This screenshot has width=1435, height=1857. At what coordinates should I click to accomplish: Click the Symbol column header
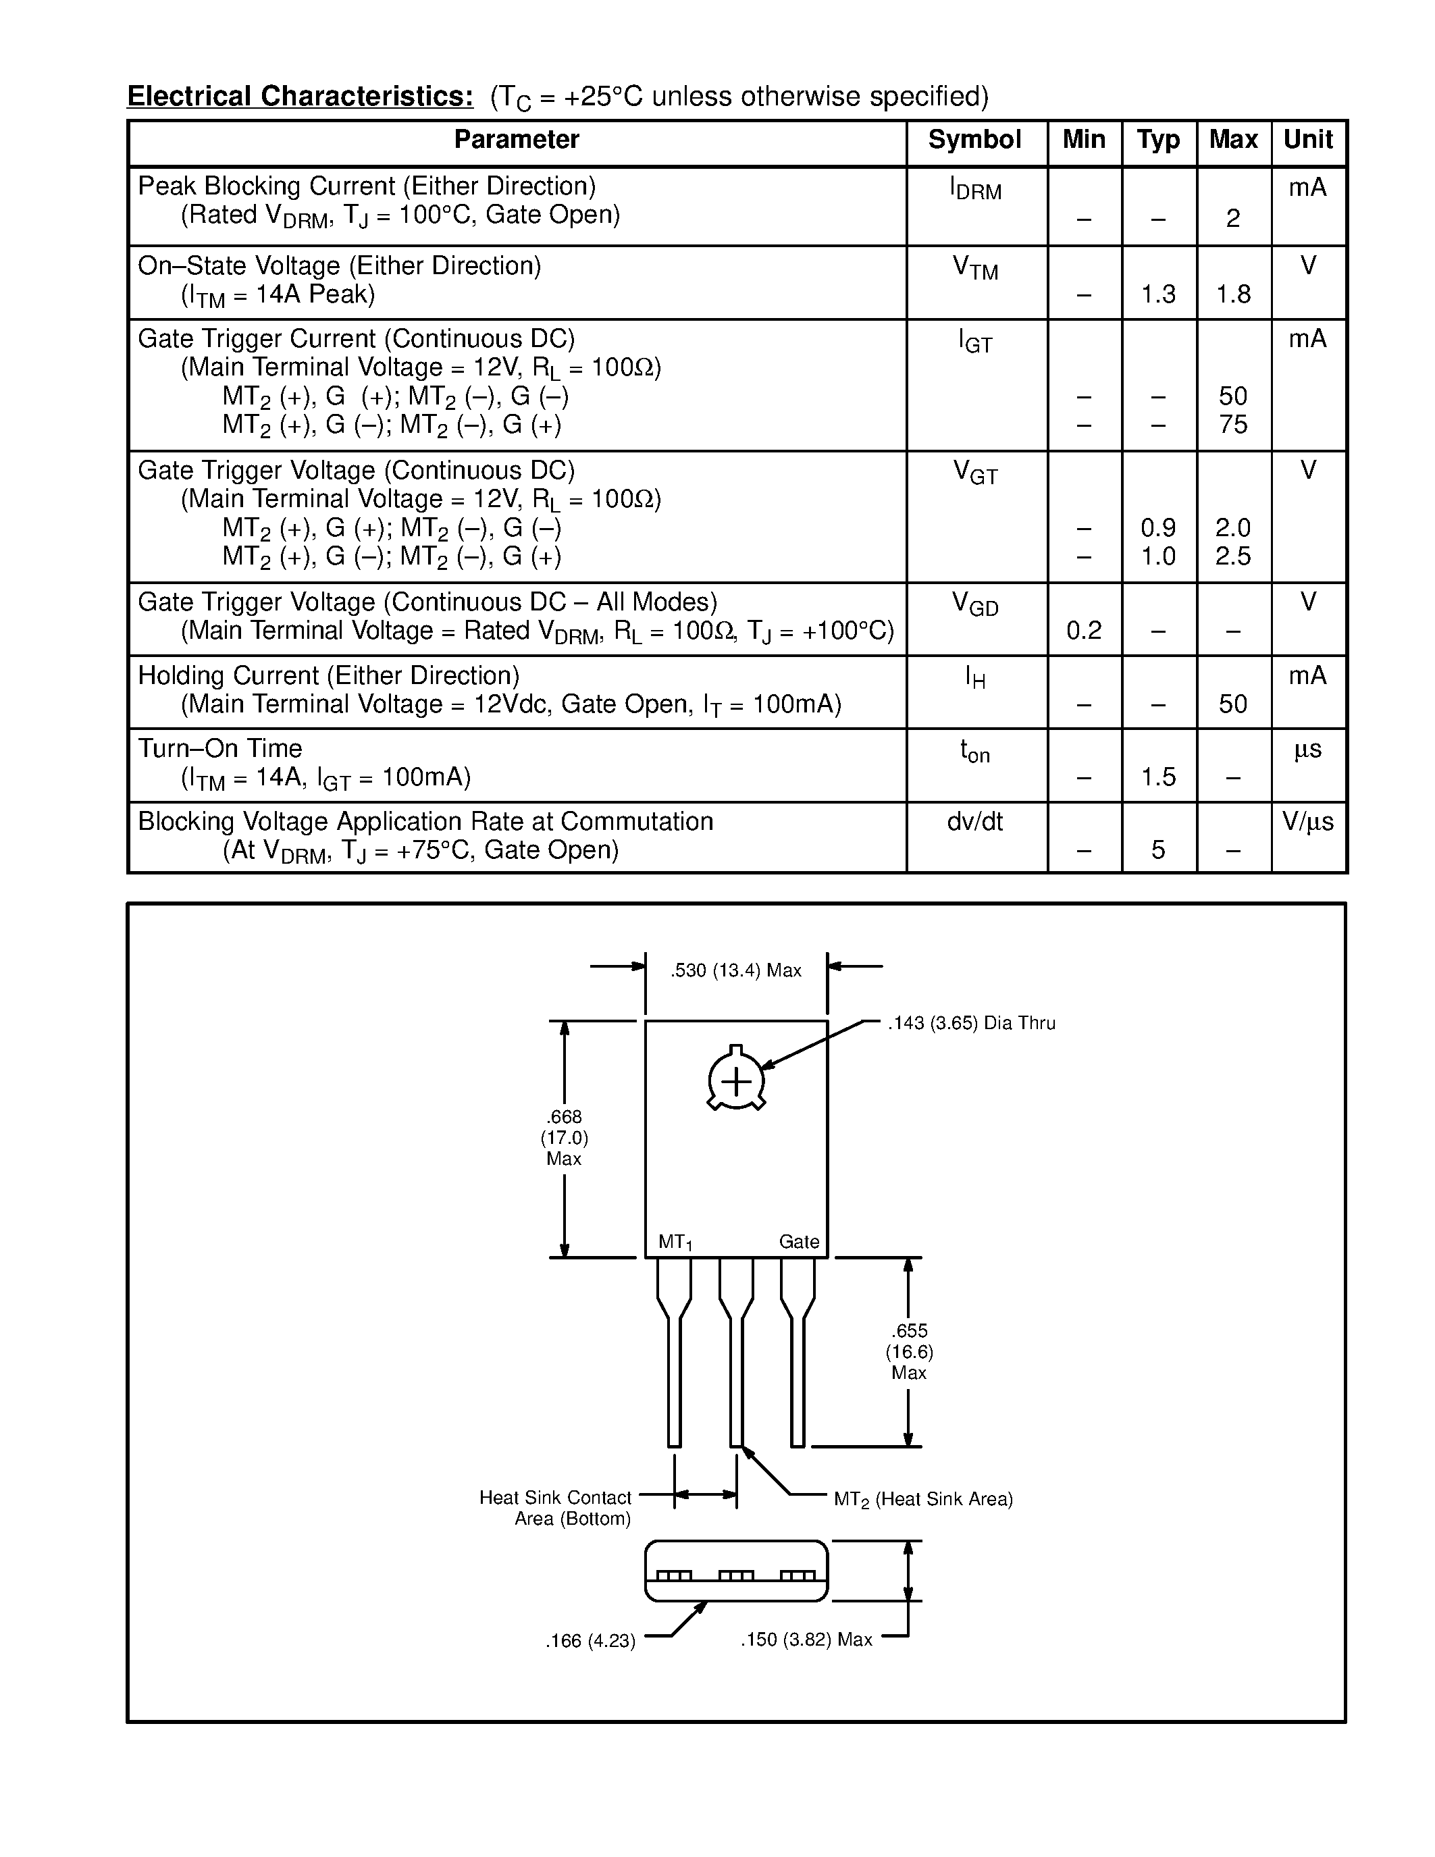click(x=974, y=140)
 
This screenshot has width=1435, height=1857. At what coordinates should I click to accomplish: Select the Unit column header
click(x=1307, y=140)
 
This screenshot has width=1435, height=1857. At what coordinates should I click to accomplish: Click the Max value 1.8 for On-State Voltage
click(x=1232, y=294)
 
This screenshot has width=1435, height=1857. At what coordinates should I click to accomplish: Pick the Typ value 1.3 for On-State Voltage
click(x=1158, y=294)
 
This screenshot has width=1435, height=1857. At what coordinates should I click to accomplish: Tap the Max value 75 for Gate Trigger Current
click(x=1232, y=424)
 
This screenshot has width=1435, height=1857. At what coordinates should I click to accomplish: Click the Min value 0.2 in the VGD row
click(x=1084, y=630)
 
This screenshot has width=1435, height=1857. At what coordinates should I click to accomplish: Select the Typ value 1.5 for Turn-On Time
click(x=1158, y=777)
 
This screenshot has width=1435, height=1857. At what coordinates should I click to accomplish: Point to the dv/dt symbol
click(x=974, y=821)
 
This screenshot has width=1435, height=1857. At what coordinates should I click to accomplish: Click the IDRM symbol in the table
click(x=975, y=189)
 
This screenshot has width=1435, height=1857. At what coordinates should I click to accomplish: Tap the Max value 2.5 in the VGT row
click(x=1232, y=556)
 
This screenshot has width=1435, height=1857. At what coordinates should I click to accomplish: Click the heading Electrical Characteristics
click(x=300, y=96)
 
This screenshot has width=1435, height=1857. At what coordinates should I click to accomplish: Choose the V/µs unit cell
click(x=1307, y=821)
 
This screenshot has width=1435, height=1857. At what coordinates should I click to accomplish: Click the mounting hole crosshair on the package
click(x=736, y=1082)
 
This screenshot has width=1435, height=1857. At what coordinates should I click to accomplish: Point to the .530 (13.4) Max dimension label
click(x=735, y=970)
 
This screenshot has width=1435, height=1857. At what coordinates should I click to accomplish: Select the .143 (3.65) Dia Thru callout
click(x=971, y=1023)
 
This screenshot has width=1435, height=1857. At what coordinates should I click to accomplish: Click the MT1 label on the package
click(x=675, y=1243)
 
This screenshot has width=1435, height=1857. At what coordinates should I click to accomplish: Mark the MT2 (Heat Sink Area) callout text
click(x=923, y=1499)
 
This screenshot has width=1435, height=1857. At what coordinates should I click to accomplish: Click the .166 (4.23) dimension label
click(x=590, y=1640)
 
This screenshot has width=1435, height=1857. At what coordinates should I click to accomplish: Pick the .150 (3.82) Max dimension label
click(x=806, y=1640)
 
